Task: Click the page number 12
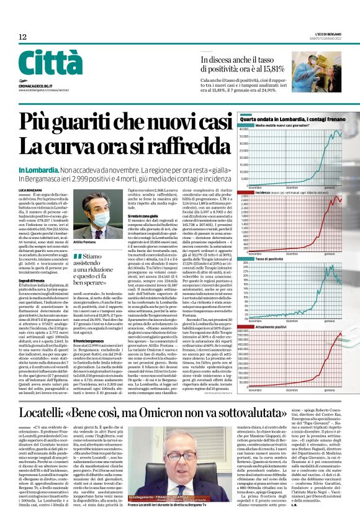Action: pyautogui.click(x=22, y=37)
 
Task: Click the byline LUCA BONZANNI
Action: pyautogui.click(x=30, y=189)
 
